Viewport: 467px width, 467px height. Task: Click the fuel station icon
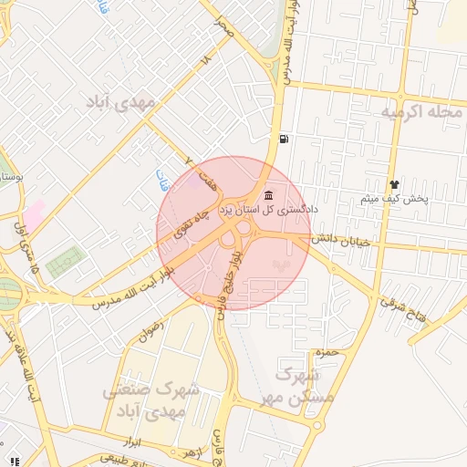tap(285, 140)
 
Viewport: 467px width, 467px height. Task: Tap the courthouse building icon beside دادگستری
tap(268, 195)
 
